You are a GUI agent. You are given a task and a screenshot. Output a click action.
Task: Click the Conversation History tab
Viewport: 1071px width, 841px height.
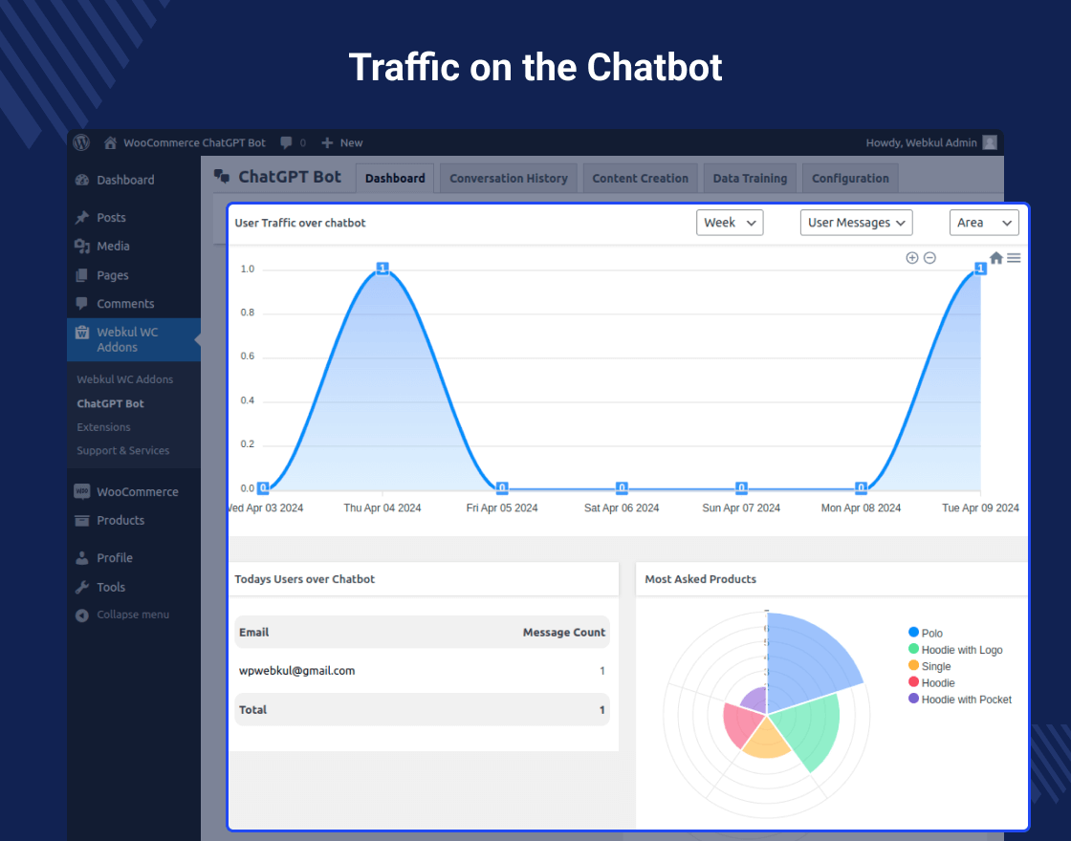click(x=509, y=179)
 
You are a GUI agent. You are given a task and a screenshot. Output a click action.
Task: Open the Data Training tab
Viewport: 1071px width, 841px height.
click(x=750, y=179)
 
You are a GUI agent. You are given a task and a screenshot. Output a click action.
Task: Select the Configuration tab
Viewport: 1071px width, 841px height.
click(x=850, y=179)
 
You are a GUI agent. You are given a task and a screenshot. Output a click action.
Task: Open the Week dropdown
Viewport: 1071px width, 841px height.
click(x=730, y=223)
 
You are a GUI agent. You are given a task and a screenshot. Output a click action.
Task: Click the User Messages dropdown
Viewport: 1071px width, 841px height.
click(x=856, y=223)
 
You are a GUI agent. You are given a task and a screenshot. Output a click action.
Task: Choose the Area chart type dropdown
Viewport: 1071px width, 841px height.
click(x=984, y=223)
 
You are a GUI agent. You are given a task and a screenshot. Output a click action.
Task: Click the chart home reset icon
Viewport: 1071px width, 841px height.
click(x=996, y=258)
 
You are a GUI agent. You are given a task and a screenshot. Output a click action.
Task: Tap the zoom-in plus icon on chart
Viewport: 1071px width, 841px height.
click(x=912, y=258)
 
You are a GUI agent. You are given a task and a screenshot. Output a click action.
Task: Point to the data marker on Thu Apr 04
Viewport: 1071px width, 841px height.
click(x=382, y=269)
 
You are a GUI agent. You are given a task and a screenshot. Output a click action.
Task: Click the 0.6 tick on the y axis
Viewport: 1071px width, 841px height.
click(x=248, y=356)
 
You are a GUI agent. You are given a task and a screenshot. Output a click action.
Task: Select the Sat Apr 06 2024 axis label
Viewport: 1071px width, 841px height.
click(x=622, y=507)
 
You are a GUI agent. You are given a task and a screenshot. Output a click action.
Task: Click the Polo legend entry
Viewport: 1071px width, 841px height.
click(x=931, y=633)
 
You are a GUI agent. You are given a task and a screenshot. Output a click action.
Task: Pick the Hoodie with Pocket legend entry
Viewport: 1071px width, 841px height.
click(x=966, y=700)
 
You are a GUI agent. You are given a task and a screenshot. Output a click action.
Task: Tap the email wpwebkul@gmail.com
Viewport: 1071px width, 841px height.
click(x=296, y=671)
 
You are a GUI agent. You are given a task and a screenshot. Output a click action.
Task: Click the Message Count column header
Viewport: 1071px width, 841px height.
click(x=564, y=632)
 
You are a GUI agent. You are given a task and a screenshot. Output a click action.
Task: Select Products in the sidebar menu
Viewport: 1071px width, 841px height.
click(x=120, y=520)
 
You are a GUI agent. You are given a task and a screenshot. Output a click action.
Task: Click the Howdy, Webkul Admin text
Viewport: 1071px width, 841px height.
click(x=921, y=142)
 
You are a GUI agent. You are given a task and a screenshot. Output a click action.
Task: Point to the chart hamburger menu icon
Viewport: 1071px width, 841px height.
click(x=1014, y=258)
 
